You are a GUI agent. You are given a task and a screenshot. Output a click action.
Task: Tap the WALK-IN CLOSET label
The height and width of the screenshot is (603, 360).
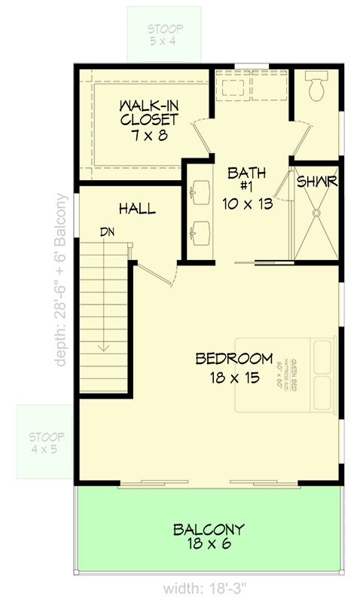tap(148, 112)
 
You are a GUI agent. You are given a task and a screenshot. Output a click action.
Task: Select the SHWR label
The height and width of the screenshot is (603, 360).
tap(316, 182)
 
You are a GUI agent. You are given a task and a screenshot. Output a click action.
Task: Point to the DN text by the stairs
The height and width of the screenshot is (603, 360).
tap(109, 233)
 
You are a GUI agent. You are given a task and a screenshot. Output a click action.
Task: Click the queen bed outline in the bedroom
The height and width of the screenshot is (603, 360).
tap(286, 375)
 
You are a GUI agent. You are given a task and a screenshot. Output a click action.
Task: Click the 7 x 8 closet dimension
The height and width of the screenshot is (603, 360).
tap(148, 136)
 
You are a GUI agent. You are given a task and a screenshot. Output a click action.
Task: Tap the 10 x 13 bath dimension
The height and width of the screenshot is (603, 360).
tap(242, 204)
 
